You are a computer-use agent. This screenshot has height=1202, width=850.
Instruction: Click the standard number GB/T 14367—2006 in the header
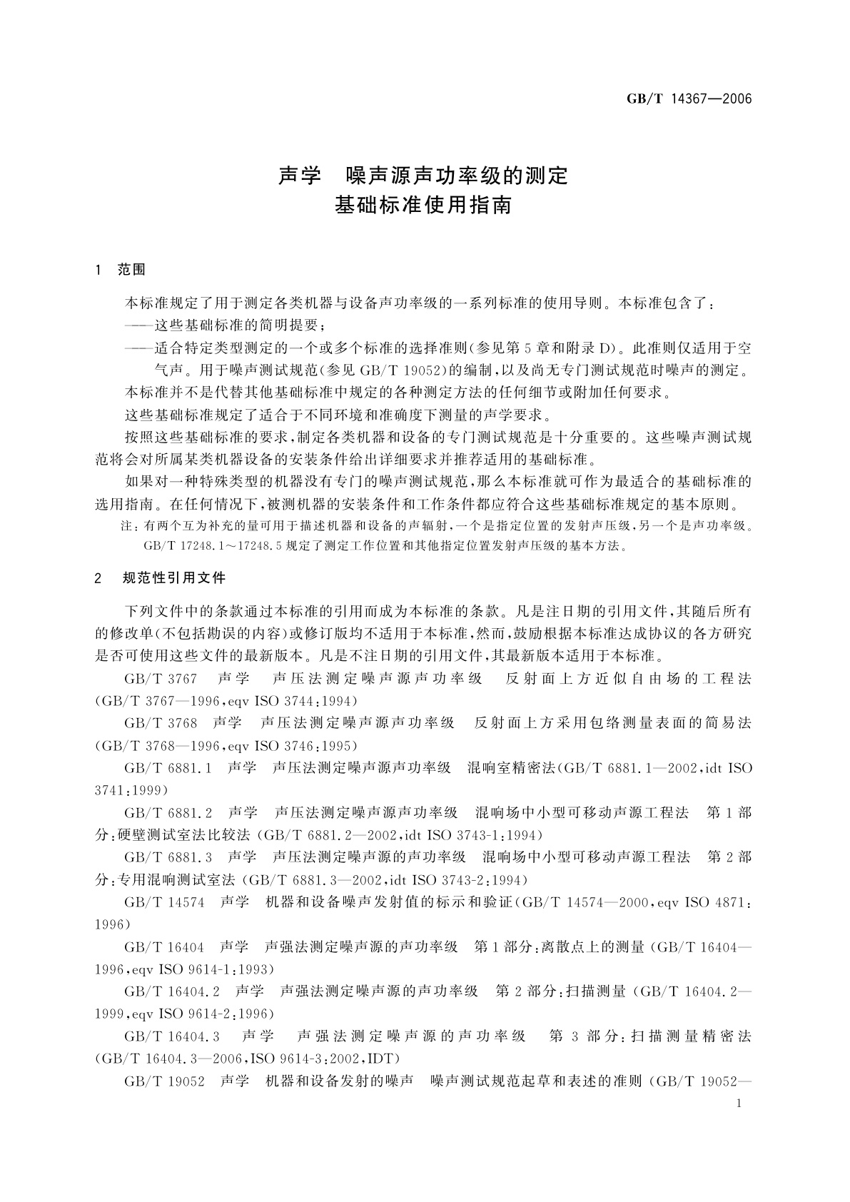pyautogui.click(x=689, y=99)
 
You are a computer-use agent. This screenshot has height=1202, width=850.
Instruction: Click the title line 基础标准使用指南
pyautogui.click(x=424, y=206)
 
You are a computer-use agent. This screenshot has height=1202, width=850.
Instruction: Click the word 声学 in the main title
pyautogui.click(x=300, y=176)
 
